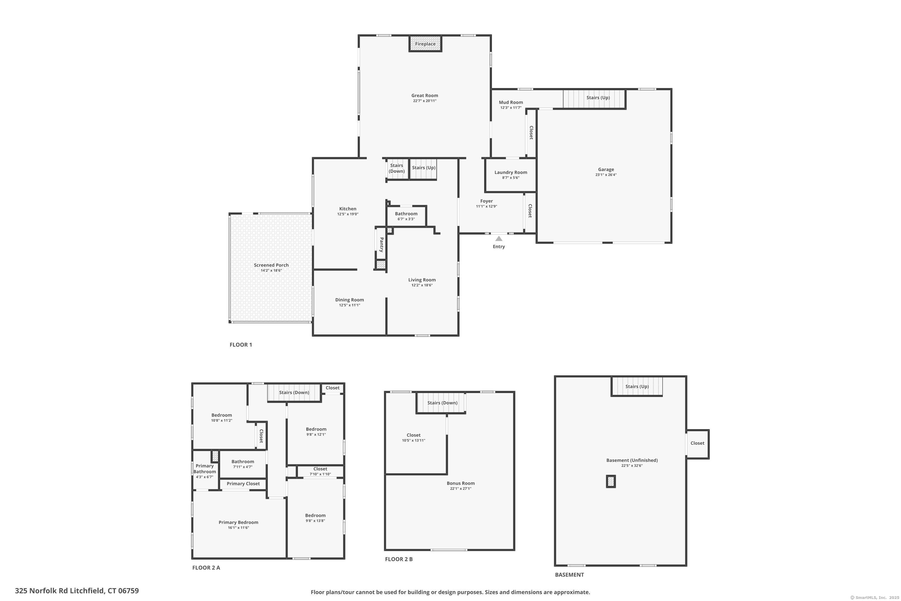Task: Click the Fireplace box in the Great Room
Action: (425, 44)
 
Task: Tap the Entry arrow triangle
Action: (499, 238)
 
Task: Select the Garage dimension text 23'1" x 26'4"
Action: (606, 175)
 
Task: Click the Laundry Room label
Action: (511, 172)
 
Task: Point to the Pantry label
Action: (381, 245)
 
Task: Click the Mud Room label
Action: (511, 102)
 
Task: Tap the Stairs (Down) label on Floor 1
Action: (396, 168)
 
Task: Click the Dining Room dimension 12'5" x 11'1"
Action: (349, 305)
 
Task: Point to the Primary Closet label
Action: (243, 484)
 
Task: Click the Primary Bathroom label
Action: (205, 469)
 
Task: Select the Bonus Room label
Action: (460, 483)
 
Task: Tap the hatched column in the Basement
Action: (611, 481)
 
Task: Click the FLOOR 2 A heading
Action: (206, 568)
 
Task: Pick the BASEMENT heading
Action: (570, 575)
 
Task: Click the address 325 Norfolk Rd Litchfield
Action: (60, 591)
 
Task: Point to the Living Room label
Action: (422, 280)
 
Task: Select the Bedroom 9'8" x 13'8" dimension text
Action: (315, 520)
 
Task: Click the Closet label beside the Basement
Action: (697, 443)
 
